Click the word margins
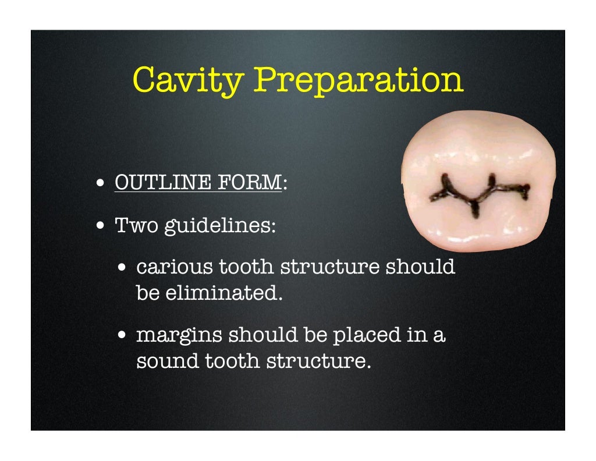tap(178, 335)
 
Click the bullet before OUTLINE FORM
tap(101, 183)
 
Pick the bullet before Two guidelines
tap(101, 225)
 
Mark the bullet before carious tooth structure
tap(122, 268)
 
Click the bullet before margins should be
tap(122, 336)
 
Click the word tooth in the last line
tap(233, 361)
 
